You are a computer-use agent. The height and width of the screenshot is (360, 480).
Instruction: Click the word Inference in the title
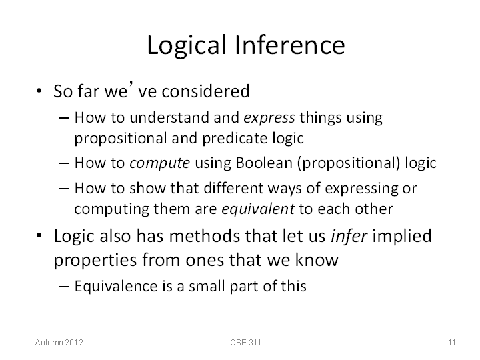point(290,45)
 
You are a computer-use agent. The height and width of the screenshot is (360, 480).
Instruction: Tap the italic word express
point(269,118)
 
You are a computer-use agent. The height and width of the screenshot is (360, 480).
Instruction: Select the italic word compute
point(159,163)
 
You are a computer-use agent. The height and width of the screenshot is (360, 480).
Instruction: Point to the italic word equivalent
point(258,209)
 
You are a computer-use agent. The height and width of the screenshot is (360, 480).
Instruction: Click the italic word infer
point(349,236)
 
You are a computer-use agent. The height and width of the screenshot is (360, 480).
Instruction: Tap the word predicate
point(235,139)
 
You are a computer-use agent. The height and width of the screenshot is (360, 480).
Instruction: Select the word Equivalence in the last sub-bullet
point(116,286)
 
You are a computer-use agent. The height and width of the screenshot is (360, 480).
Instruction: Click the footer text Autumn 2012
point(59,342)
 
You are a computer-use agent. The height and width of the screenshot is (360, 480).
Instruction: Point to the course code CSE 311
point(245,342)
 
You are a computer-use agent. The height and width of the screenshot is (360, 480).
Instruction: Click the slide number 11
point(452,342)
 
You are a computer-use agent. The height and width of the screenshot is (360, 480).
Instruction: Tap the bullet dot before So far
point(39,91)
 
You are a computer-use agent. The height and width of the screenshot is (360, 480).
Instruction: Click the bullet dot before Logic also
point(39,235)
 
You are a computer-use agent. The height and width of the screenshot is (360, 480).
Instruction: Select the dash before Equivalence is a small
point(63,287)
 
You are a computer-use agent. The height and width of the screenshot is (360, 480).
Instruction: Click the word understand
point(169,118)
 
